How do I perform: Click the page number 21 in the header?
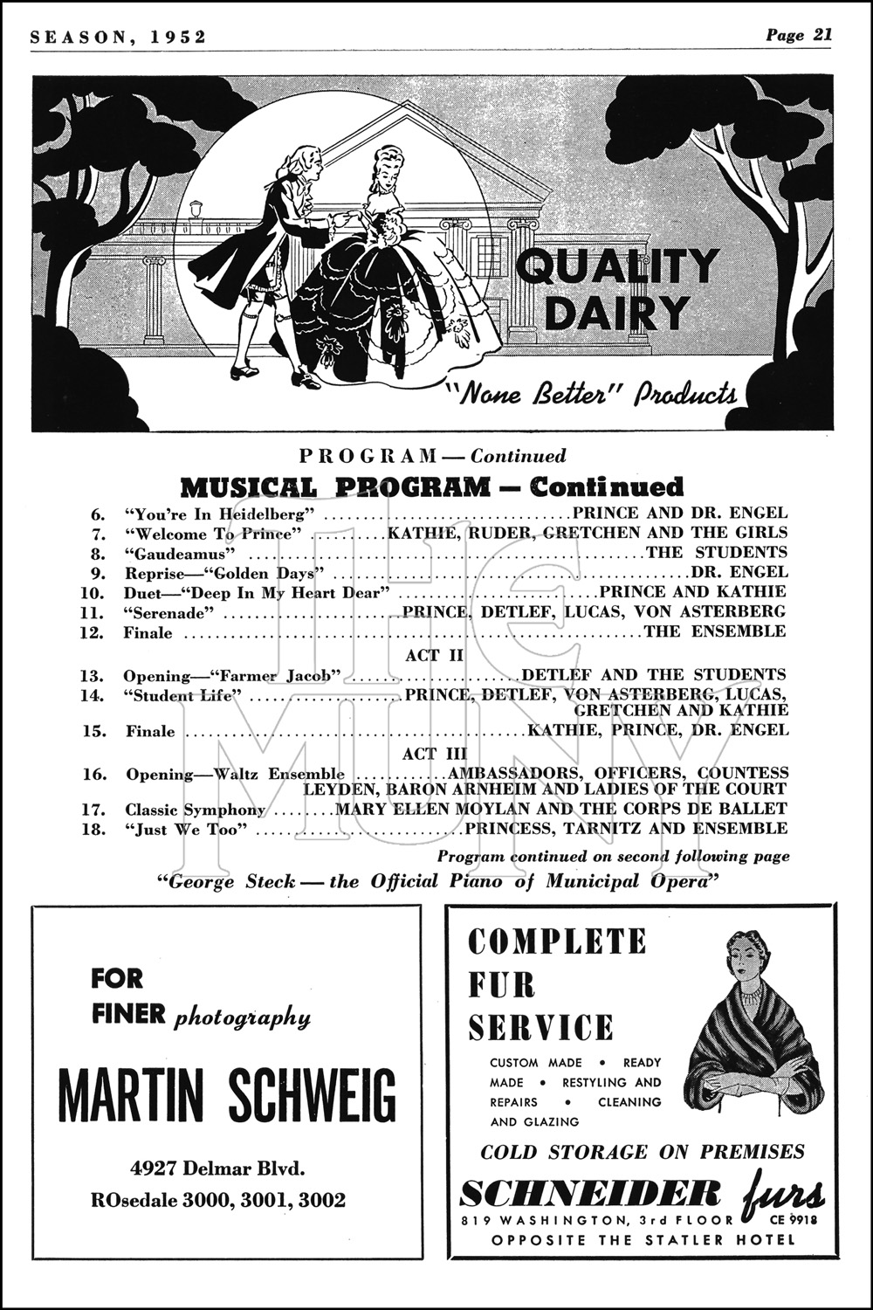click(821, 34)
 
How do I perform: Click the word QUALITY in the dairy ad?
click(617, 266)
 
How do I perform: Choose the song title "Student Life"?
click(182, 696)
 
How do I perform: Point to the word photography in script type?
click(242, 1017)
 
